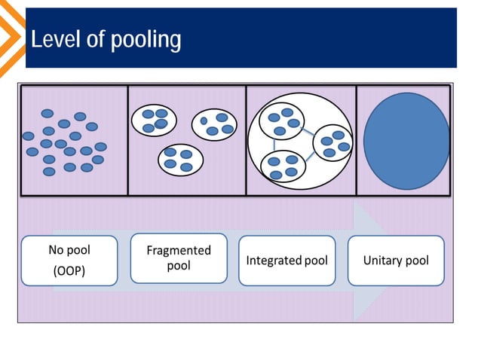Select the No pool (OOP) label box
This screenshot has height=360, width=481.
[x=69, y=261]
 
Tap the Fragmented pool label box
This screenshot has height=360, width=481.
[x=179, y=258]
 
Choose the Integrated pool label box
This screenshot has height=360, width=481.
[x=287, y=261]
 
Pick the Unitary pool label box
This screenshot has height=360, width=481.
[x=396, y=261]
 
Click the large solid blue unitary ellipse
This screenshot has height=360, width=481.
[x=406, y=140]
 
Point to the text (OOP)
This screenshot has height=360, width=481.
[x=69, y=271]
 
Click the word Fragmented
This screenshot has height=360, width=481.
[x=179, y=251]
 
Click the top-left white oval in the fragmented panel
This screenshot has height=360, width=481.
[x=155, y=119]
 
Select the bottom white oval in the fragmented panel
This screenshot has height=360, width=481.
[x=180, y=159]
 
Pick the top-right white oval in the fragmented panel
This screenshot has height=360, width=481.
[x=214, y=124]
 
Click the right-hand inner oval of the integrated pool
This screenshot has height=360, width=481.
[x=332, y=142]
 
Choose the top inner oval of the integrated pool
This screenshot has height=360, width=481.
[x=282, y=121]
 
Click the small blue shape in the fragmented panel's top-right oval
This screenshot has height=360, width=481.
[x=204, y=121]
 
